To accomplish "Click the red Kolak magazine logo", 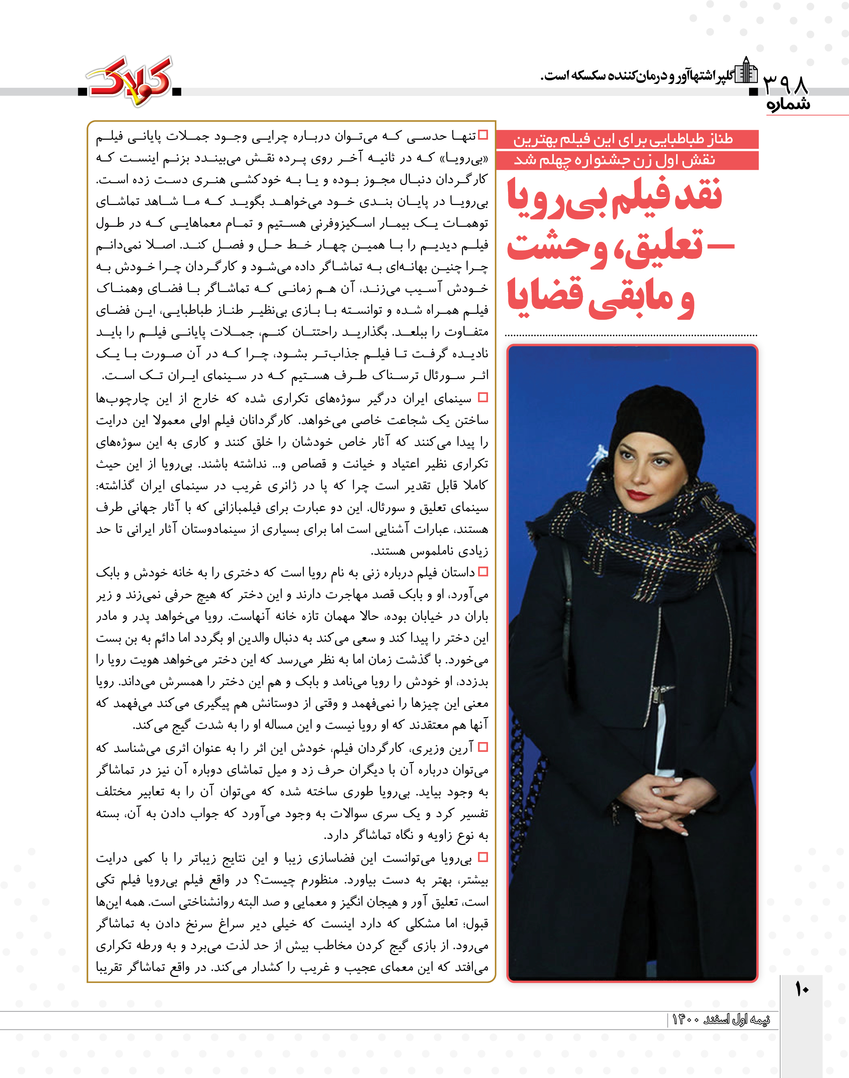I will click(130, 81).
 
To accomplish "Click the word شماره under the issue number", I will click(788, 105).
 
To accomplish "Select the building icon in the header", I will click(746, 70).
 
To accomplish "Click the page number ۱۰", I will click(801, 990).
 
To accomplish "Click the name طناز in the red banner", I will click(717, 139).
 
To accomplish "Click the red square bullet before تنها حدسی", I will click(483, 135).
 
